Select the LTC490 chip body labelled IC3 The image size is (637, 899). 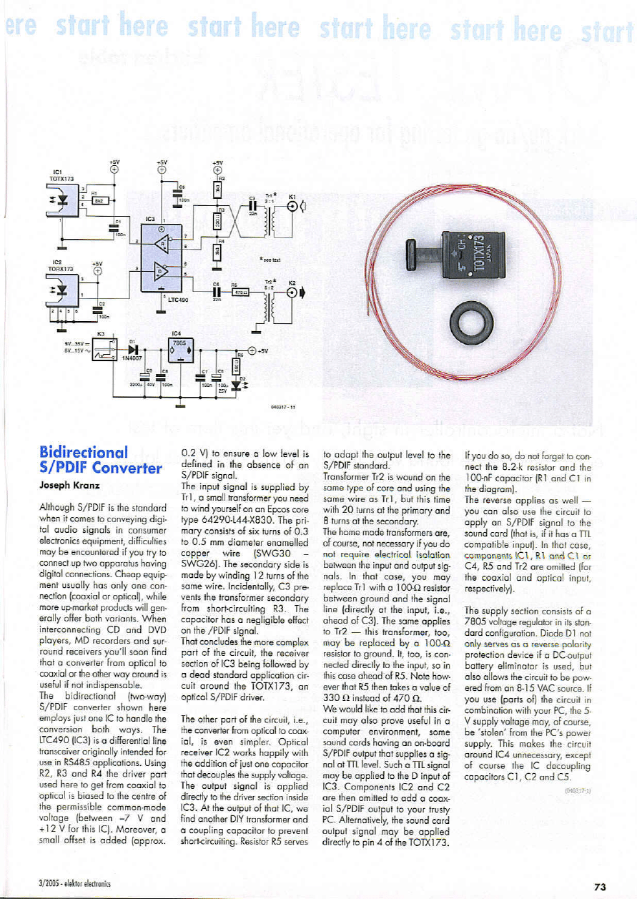[x=162, y=255]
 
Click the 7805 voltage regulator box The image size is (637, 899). [x=176, y=350]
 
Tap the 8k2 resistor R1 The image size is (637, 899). [x=99, y=200]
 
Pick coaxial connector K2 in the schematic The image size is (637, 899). [x=293, y=292]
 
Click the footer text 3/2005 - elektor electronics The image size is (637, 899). [x=69, y=885]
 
